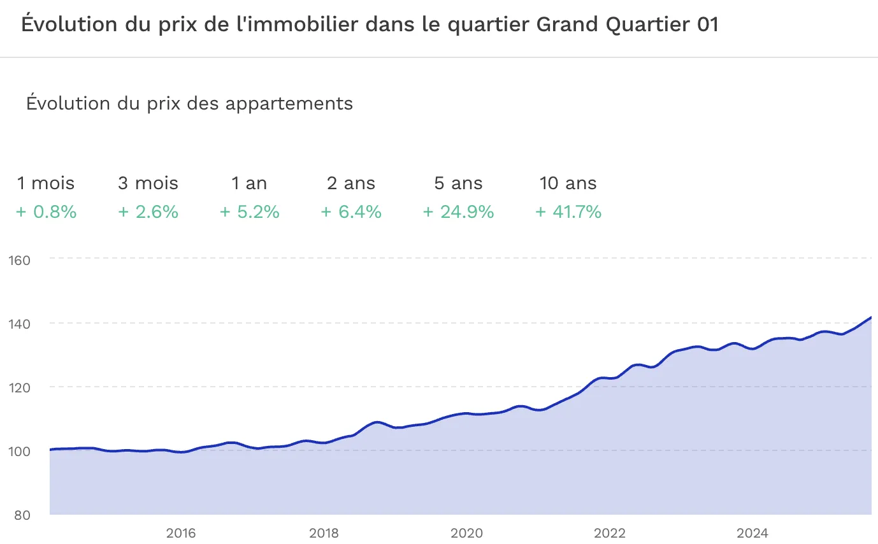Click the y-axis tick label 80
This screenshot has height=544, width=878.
pos(22,515)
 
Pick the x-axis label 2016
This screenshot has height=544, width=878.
pos(181,533)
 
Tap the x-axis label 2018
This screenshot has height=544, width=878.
pos(324,533)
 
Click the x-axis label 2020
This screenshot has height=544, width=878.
pos(467,533)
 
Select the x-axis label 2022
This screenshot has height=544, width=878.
pos(610,533)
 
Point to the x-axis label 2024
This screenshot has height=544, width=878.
pos(752,533)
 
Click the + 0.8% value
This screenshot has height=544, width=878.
pos(47,212)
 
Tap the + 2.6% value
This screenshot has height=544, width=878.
pos(148,212)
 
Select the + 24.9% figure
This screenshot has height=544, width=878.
pos(458,212)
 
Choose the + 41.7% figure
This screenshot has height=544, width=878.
pos(568,212)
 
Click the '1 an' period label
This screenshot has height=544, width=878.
pos(249,183)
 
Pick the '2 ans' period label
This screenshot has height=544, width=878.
pos(351,183)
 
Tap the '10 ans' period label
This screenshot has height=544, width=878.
pos(568,183)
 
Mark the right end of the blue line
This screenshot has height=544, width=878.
pos(870,317)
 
